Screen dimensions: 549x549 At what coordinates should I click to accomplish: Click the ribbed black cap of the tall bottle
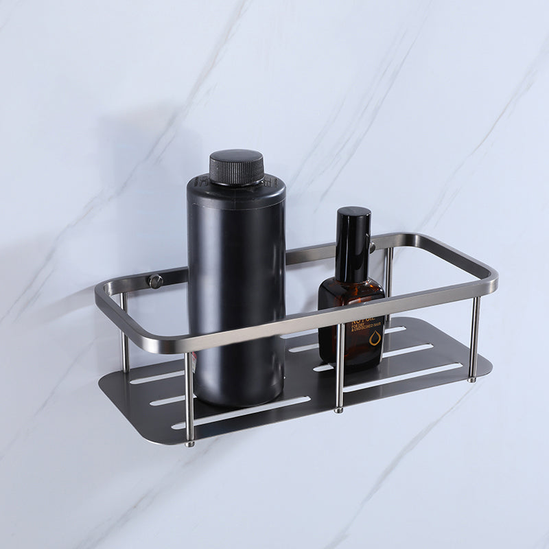coord(236,167)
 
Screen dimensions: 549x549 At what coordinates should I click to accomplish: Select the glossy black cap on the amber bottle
coord(353,244)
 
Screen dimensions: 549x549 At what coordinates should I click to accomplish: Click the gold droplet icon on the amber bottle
coord(373,338)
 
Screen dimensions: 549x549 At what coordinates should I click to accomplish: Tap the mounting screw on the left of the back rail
coord(156,281)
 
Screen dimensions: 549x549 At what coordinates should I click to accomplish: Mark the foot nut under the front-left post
coord(190,443)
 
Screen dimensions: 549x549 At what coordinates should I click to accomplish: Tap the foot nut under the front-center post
coord(338,410)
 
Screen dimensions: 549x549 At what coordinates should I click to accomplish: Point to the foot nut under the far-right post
coord(472,378)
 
